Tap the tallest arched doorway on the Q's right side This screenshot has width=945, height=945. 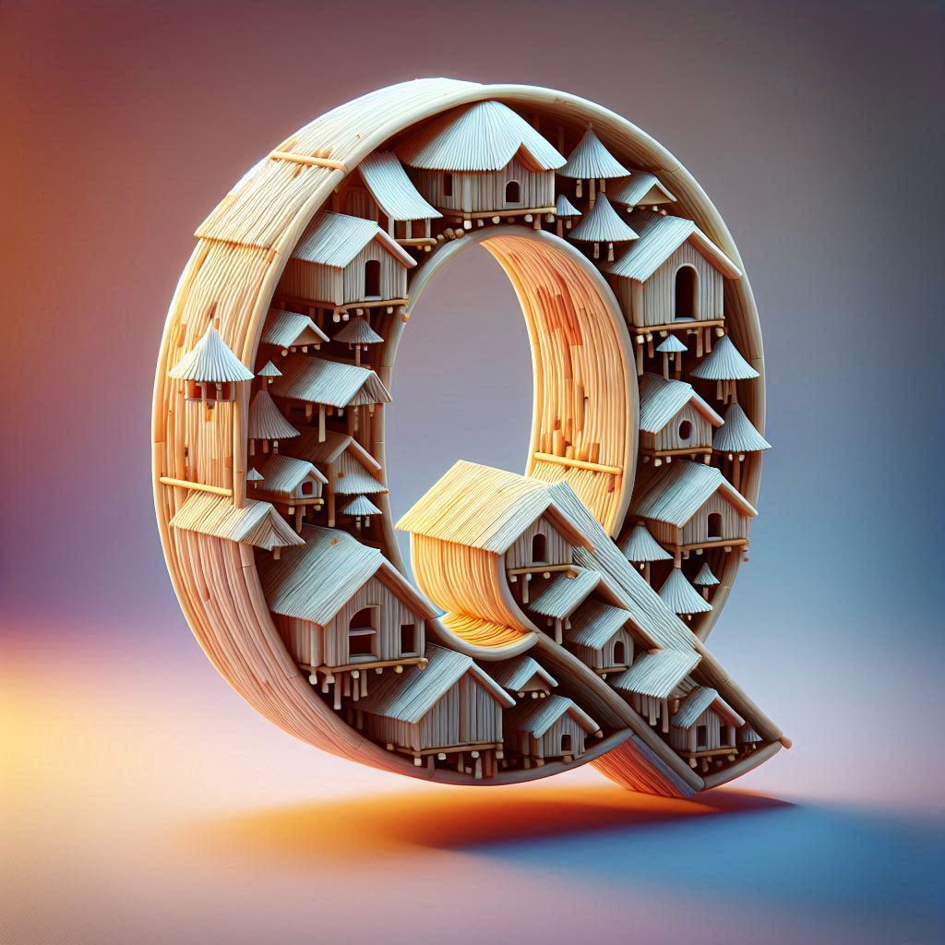point(686,293)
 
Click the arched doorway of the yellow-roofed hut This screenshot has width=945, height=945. point(538,547)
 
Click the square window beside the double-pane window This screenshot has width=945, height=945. point(407,639)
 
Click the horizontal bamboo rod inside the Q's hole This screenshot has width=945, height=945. point(577,463)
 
